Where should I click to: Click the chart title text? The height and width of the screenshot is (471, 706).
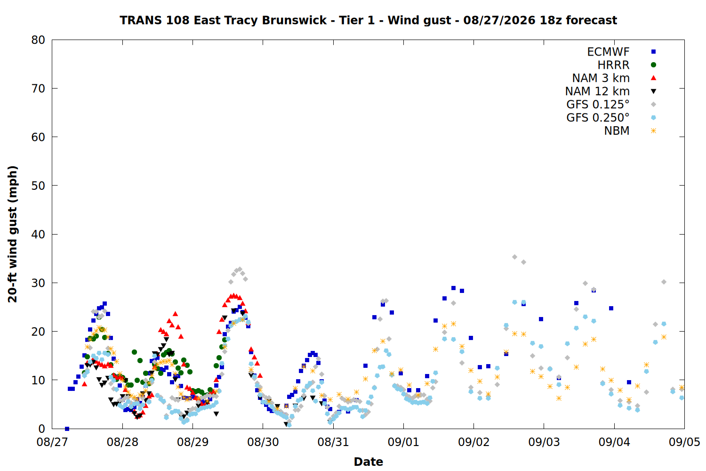368,20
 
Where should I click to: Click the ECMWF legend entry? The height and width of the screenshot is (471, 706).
608,52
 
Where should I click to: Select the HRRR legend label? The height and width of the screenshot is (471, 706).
613,65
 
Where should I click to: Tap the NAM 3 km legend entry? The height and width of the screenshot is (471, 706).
601,78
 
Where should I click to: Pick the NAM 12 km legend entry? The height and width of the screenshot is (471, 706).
597,91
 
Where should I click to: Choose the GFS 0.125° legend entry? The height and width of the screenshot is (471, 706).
598,105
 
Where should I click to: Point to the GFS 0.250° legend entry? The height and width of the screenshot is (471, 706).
598,118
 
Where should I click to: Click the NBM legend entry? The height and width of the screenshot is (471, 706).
617,130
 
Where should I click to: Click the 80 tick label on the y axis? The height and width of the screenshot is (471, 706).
38,40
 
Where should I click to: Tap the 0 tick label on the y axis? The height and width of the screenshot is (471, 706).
42,429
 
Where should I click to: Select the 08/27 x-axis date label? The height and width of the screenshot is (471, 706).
52,442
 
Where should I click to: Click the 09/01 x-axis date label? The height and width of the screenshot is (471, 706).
403,442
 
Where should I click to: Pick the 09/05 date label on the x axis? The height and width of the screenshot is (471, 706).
684,442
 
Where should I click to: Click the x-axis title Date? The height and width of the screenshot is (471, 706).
368,462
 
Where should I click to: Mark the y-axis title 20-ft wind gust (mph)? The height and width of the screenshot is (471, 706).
12,234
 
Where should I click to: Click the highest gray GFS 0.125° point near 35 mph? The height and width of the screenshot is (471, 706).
515,257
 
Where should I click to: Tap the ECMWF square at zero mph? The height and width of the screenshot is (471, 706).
67,429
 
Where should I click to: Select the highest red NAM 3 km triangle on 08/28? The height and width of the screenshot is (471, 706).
175,314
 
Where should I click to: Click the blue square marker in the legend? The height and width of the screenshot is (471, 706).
653,52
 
